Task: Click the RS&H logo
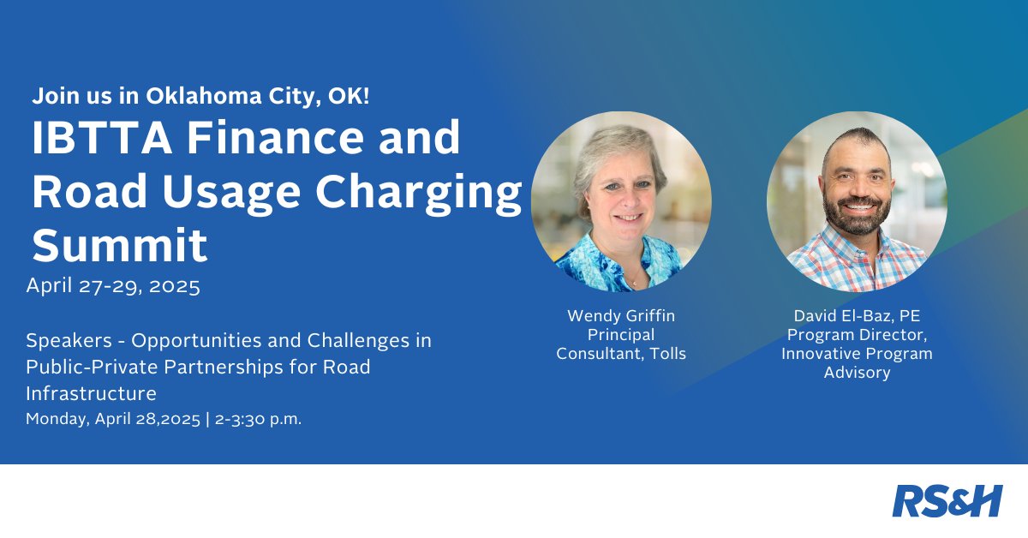tap(947, 501)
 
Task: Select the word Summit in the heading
tap(120, 245)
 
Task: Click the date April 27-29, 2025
tap(113, 286)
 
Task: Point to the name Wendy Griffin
tap(621, 316)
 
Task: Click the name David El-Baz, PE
tap(857, 316)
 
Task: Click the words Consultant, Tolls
tap(621, 354)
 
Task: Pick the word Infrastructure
tap(92, 394)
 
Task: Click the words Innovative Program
tap(857, 354)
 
